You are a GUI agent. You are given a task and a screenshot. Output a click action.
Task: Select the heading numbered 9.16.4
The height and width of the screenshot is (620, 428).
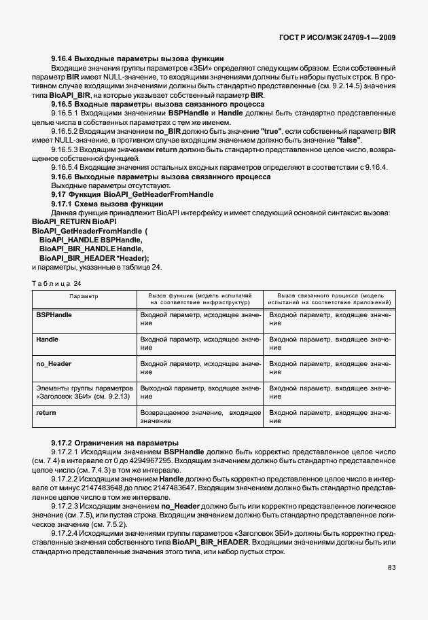137,58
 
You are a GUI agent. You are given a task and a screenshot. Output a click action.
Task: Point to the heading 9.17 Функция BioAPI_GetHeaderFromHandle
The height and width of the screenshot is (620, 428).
132,194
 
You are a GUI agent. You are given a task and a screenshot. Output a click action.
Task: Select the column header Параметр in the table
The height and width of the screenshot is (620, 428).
84,297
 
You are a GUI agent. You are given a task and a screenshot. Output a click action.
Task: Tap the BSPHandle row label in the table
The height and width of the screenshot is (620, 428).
54,316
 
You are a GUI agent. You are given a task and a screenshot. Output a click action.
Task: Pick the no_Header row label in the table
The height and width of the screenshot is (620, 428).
54,365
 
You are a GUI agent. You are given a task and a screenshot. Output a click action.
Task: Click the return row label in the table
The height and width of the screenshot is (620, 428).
46,412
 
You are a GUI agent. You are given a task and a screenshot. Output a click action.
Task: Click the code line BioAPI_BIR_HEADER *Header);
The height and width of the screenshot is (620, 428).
94,257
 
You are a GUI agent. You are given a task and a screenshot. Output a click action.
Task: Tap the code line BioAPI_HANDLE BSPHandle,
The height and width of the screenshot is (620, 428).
90,240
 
